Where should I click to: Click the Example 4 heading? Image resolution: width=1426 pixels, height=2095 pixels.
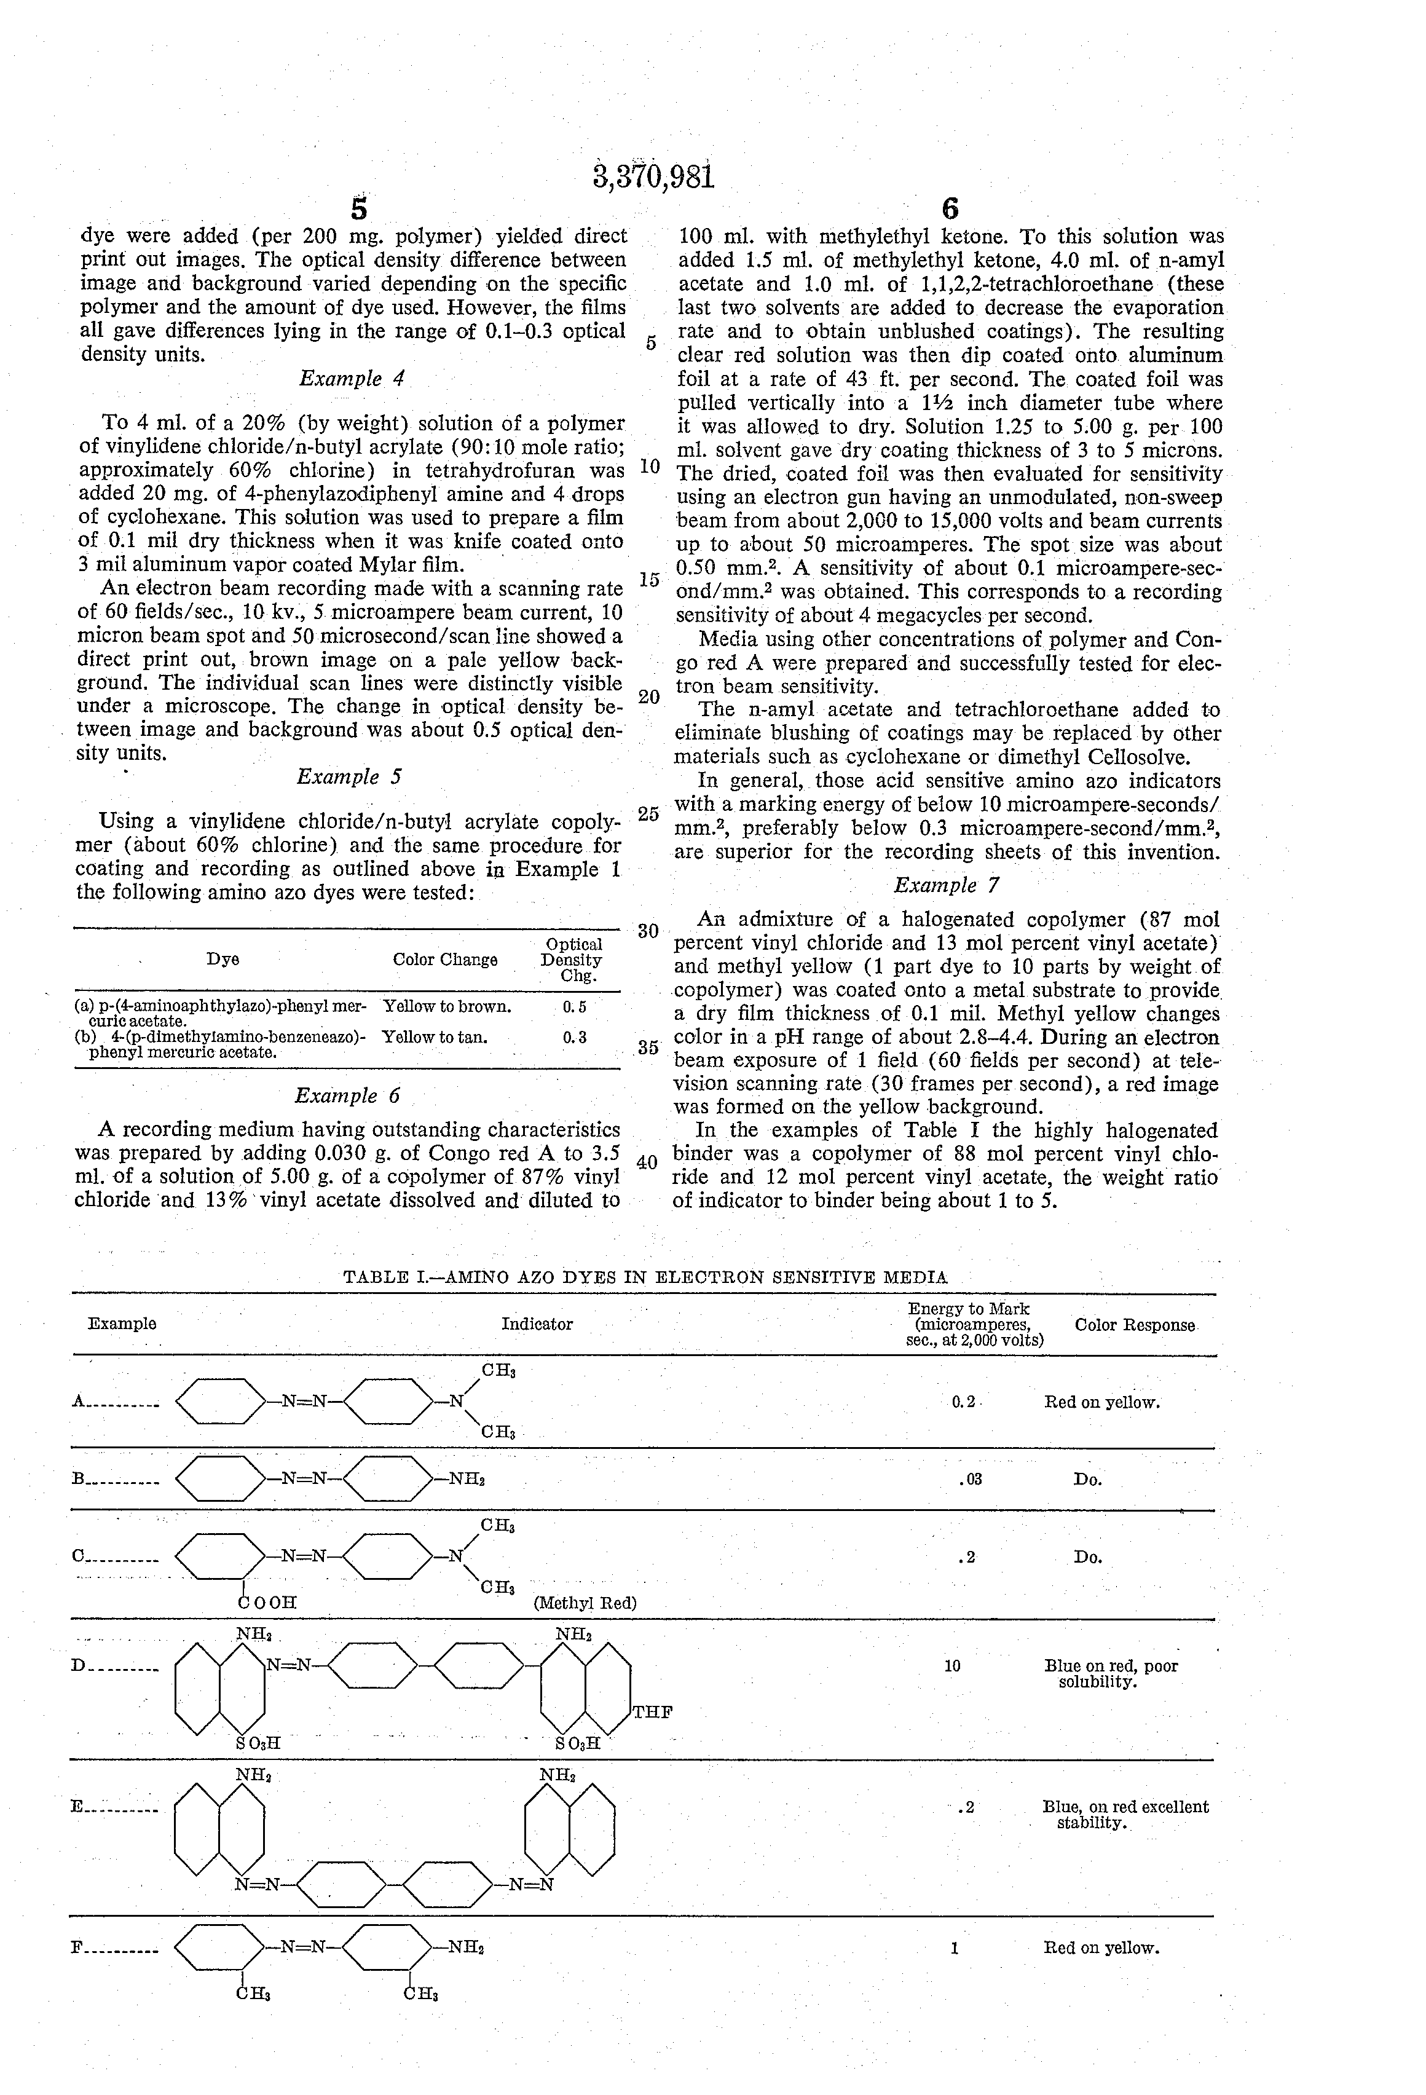click(x=352, y=379)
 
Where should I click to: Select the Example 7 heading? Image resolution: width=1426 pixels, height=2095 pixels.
click(x=947, y=885)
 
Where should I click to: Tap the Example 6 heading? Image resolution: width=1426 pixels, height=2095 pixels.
click(x=347, y=1095)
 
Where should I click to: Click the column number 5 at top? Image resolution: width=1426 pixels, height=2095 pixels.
click(x=359, y=209)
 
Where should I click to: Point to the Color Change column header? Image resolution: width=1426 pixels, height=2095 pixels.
click(x=444, y=959)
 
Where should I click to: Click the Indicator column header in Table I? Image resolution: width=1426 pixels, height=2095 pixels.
click(x=537, y=1324)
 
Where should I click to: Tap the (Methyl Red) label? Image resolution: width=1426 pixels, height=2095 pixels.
click(x=585, y=1603)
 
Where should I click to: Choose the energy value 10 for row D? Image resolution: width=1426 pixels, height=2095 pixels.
click(x=953, y=1666)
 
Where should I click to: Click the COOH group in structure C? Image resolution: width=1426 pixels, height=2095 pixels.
click(x=267, y=1602)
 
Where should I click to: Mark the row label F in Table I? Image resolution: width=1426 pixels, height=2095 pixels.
click(x=77, y=1948)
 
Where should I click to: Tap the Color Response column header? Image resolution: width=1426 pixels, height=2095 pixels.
click(x=1135, y=1325)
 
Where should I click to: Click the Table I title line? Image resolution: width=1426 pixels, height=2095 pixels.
click(x=645, y=1276)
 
